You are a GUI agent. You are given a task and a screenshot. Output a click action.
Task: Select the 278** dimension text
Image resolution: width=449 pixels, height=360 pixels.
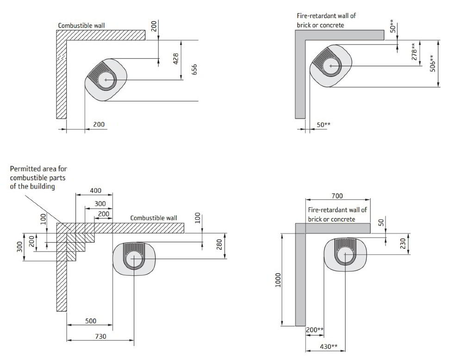click(x=415, y=51)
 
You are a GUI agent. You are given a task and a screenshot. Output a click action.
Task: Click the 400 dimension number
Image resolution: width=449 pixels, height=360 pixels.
click(x=95, y=191)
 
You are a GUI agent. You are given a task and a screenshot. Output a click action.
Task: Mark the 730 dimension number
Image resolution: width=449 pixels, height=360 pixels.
click(x=100, y=336)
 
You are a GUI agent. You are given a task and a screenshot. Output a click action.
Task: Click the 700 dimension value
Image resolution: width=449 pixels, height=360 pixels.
click(x=337, y=196)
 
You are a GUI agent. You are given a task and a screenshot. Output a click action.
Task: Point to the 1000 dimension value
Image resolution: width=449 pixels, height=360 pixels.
click(x=278, y=279)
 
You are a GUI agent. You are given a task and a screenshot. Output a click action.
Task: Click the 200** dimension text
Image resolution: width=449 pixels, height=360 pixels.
click(x=315, y=329)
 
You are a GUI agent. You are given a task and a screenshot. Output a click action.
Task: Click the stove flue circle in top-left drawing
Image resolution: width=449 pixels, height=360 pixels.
click(x=106, y=80)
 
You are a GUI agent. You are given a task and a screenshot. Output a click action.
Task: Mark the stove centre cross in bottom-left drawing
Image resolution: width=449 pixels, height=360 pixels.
click(x=133, y=259)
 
